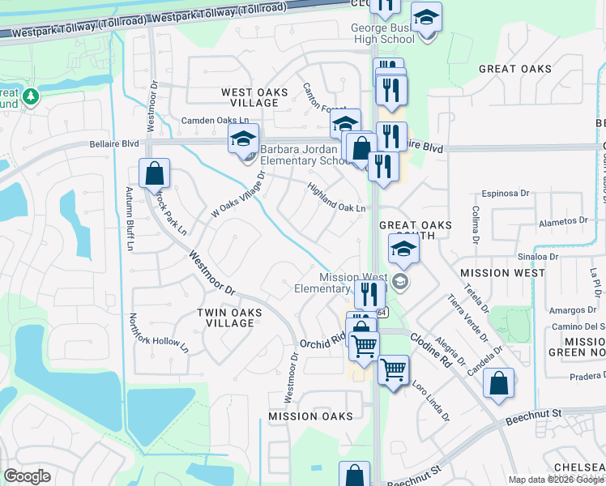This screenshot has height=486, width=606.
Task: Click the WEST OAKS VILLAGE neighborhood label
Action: [254, 98]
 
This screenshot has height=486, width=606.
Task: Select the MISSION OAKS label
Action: [311, 416]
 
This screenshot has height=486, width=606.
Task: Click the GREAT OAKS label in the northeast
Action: [514, 69]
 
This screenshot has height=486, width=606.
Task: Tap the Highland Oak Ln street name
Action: [336, 198]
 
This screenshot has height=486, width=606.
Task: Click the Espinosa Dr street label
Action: [505, 194]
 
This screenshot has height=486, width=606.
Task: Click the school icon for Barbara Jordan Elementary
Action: [243, 139]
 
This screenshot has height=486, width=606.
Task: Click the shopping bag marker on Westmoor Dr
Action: [154, 173]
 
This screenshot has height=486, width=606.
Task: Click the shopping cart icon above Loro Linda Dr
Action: [393, 371]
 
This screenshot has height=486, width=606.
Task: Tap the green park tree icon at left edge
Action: [31, 96]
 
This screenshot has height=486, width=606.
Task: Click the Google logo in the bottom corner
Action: [27, 475]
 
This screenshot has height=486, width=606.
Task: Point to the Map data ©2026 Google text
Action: [555, 480]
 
